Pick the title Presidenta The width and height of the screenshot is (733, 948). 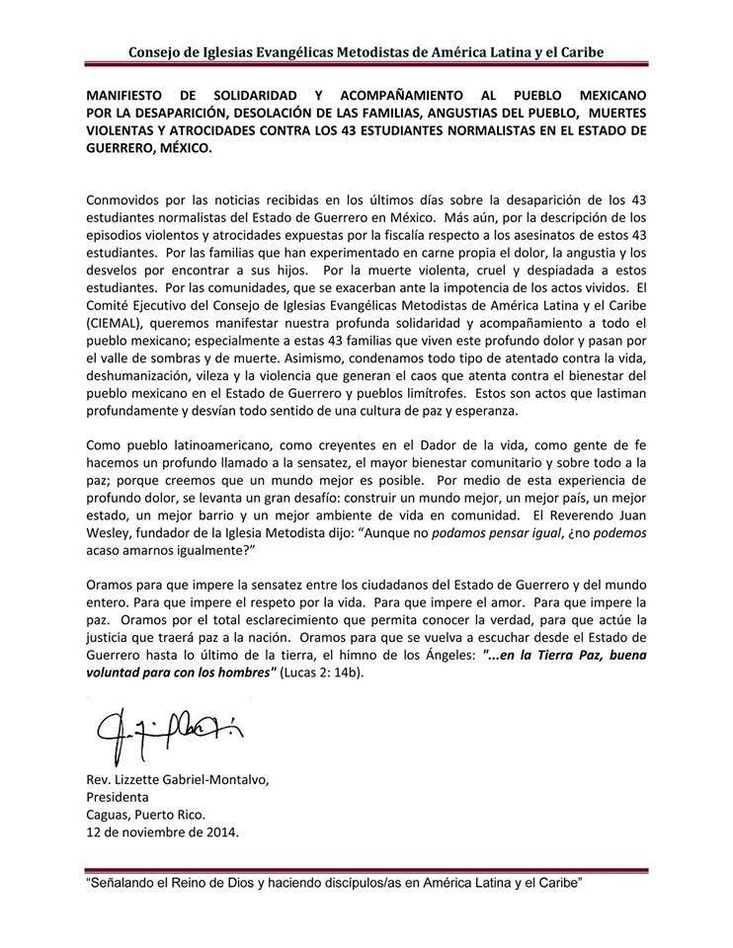(119, 796)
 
